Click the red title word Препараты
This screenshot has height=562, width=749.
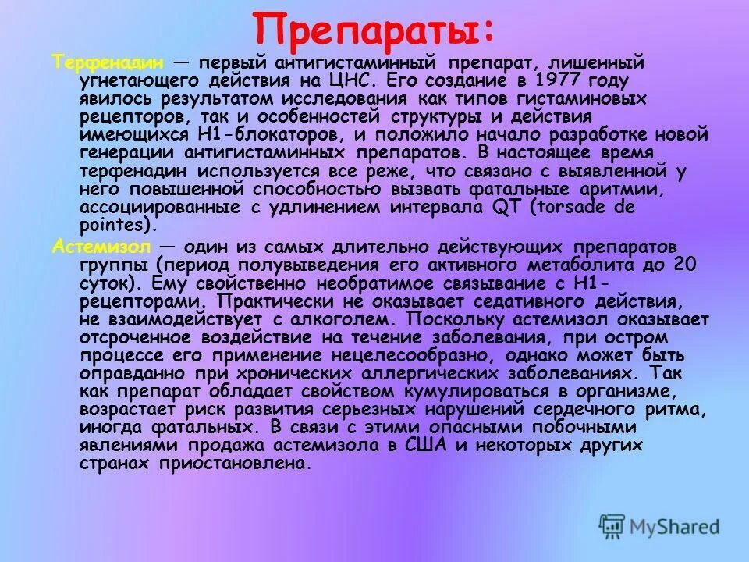[x=367, y=30]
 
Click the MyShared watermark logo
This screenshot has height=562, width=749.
[x=658, y=525]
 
